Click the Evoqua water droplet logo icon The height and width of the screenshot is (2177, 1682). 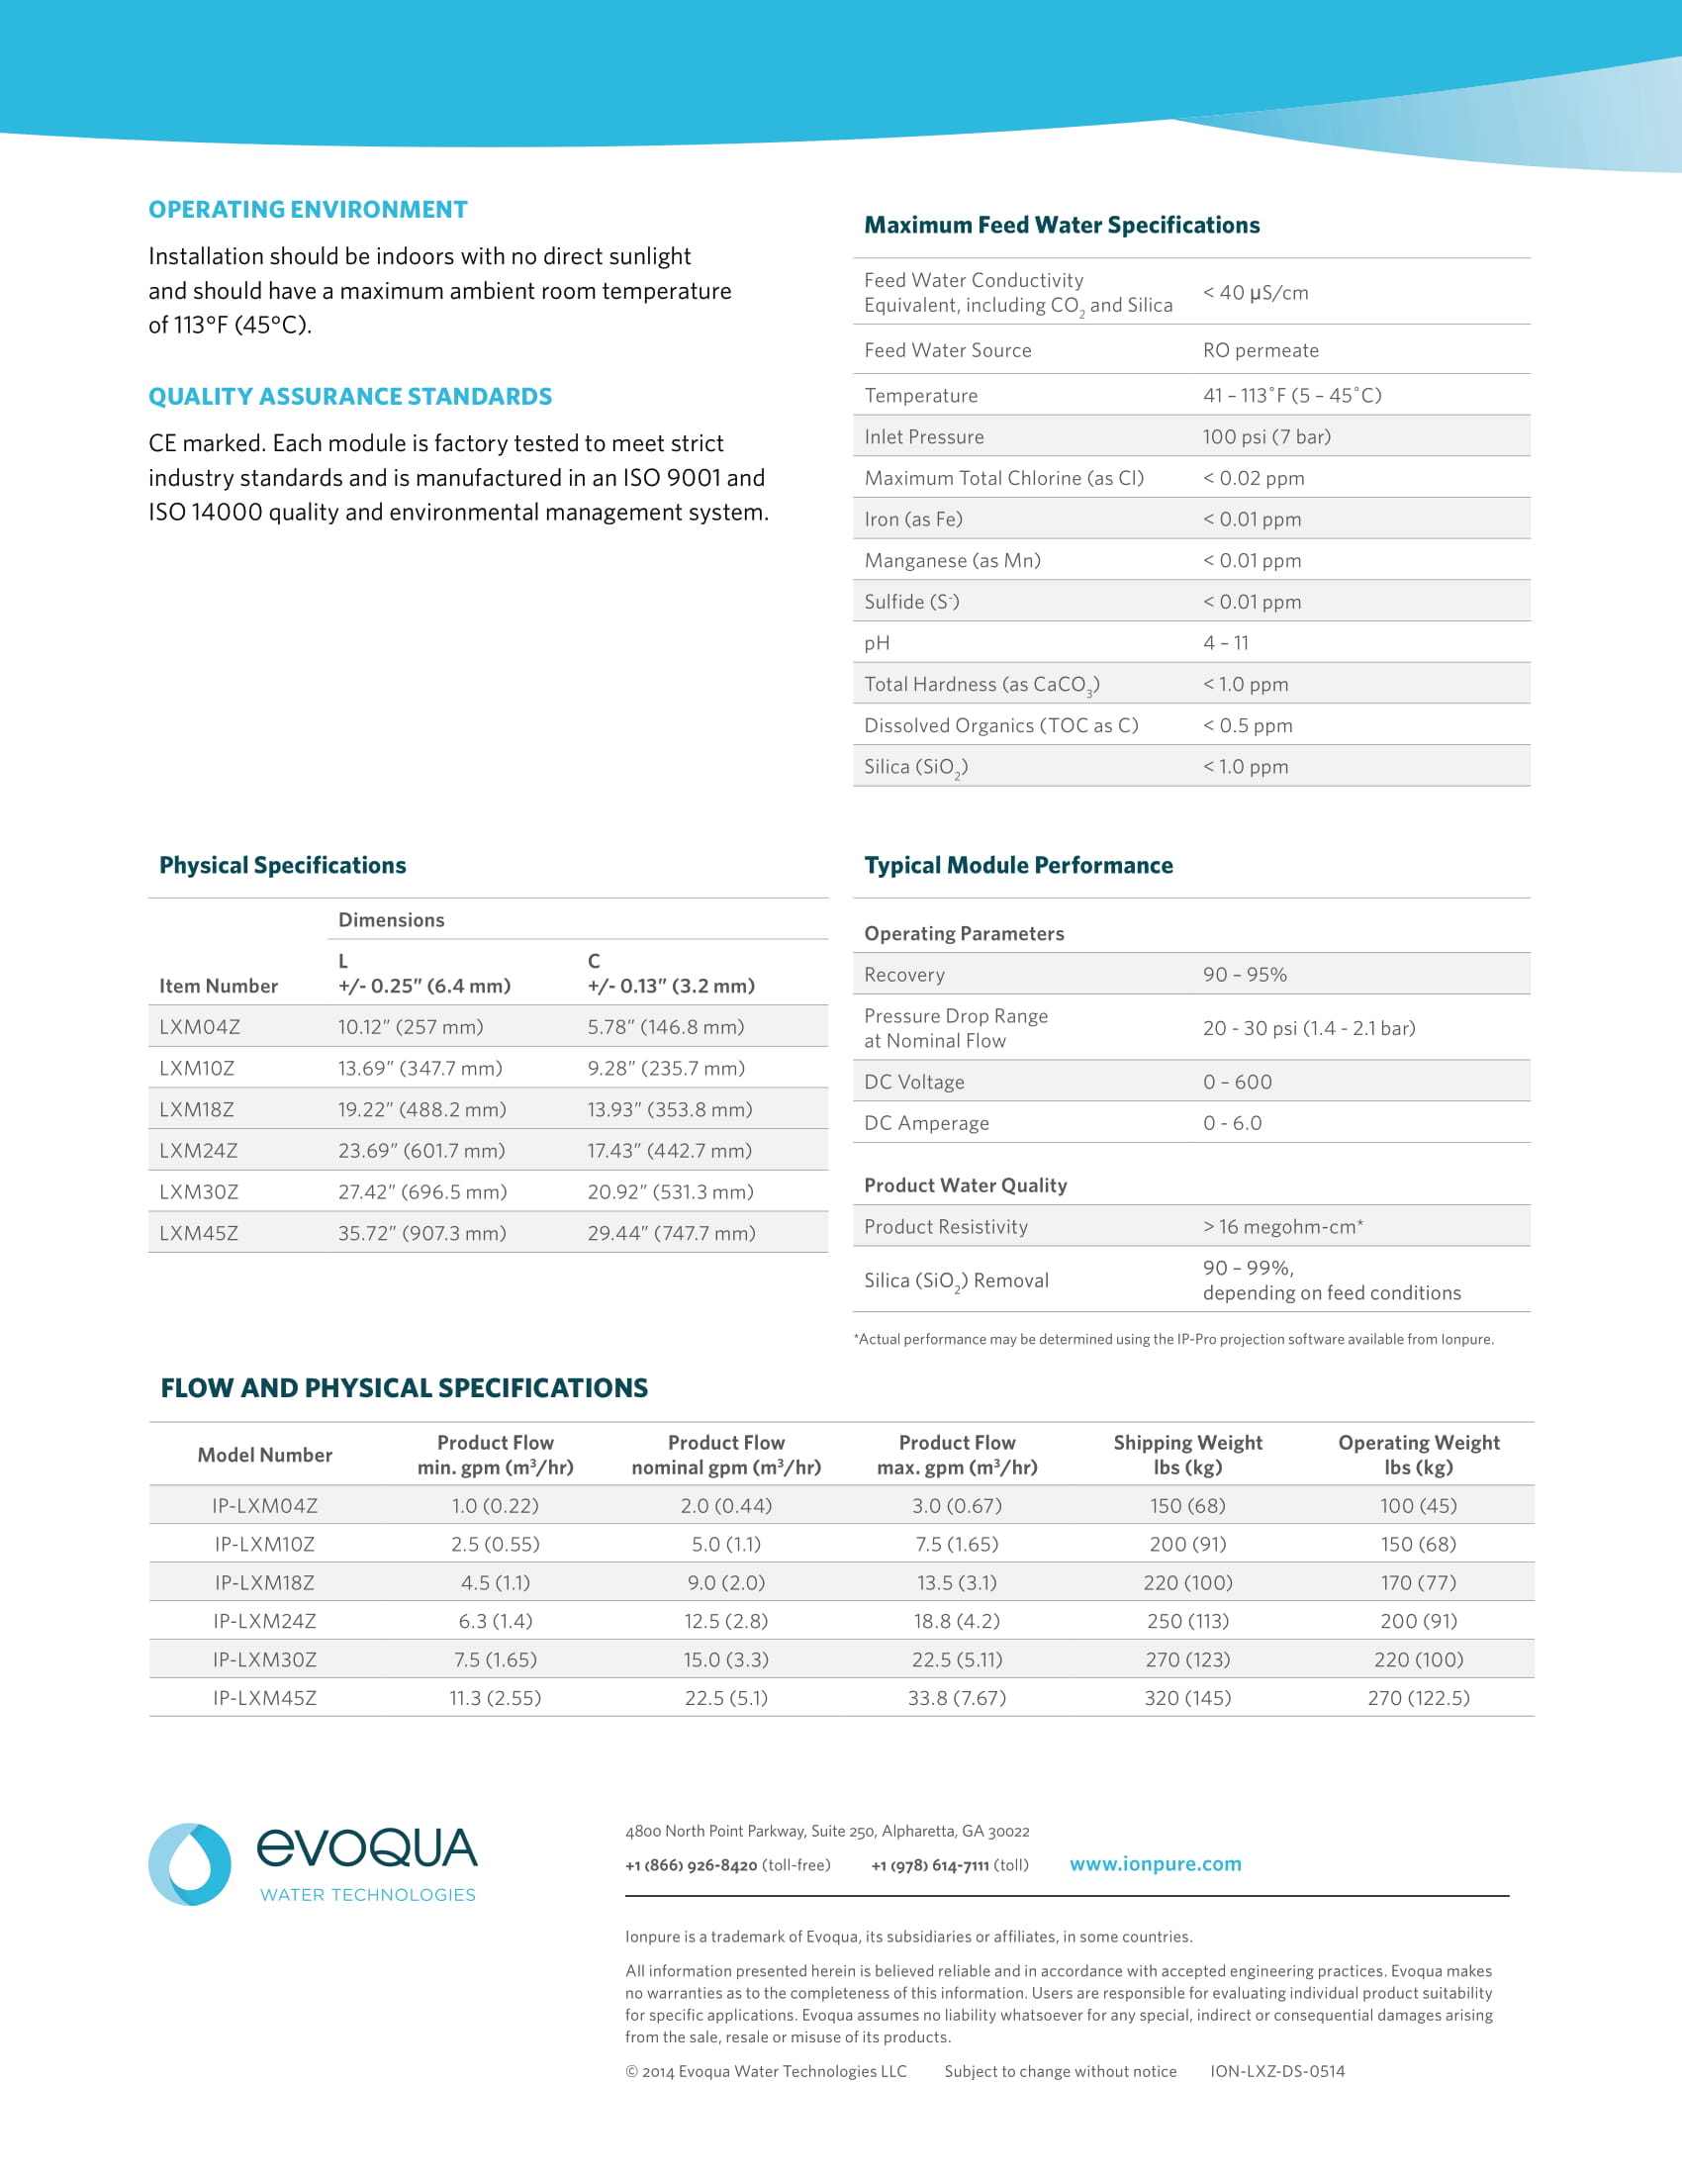[189, 1864]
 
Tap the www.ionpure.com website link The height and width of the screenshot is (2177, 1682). [1155, 1864]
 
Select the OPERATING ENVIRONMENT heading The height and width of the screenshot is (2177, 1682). [308, 210]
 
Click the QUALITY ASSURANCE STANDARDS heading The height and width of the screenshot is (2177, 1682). [349, 397]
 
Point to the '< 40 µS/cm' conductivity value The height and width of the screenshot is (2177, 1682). [1255, 293]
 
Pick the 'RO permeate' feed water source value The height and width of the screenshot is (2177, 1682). [1261, 351]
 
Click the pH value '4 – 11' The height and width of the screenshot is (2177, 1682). [1226, 643]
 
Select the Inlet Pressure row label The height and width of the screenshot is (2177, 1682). [924, 436]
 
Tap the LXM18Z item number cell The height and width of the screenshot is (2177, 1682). [199, 1109]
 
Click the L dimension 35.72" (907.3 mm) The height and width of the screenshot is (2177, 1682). [421, 1233]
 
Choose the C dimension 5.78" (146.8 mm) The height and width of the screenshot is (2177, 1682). [665, 1027]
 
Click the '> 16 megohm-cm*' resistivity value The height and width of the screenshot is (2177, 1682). [1282, 1227]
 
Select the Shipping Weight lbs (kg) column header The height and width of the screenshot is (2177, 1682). [1186, 1455]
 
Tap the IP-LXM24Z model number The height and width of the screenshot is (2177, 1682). [264, 1621]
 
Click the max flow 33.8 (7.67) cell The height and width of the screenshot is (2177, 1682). [957, 1697]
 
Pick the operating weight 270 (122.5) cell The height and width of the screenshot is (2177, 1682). [1418, 1697]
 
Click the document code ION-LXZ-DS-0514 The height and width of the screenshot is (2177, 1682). [1277, 2071]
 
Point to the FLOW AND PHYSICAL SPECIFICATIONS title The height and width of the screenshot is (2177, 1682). [404, 1387]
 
